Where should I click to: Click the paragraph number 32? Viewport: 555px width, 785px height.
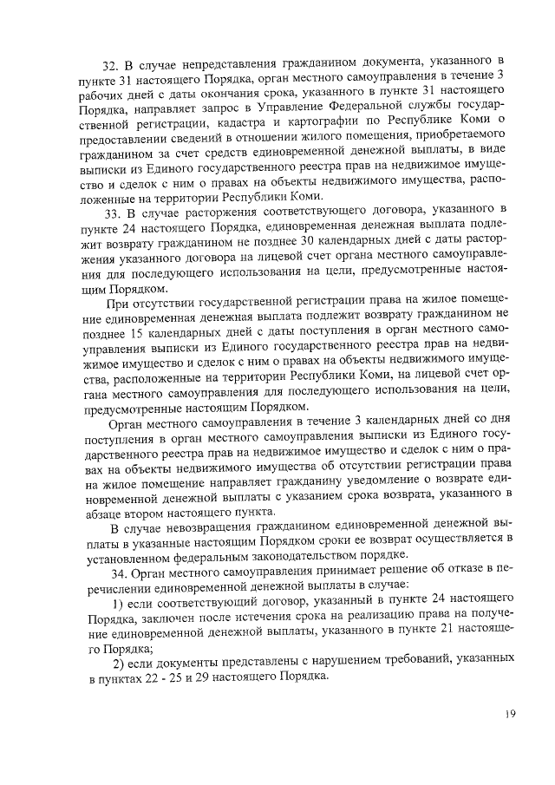click(111, 62)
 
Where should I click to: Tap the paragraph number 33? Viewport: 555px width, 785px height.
click(111, 211)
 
